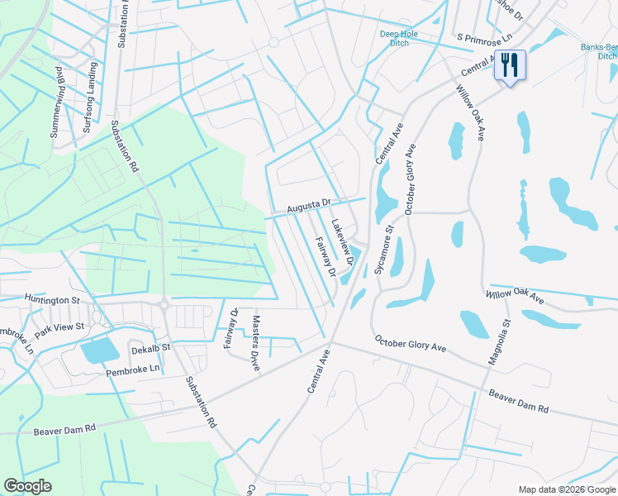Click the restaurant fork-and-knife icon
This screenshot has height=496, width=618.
509,64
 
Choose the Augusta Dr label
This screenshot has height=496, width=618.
309,203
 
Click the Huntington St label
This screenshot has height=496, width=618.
51,298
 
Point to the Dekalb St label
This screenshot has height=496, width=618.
150,349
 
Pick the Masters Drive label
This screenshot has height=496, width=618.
256,343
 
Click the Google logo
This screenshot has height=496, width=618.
28,485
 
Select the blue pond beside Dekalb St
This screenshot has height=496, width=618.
99,351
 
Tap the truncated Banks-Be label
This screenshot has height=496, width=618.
598,52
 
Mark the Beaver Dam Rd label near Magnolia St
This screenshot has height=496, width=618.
518,402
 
